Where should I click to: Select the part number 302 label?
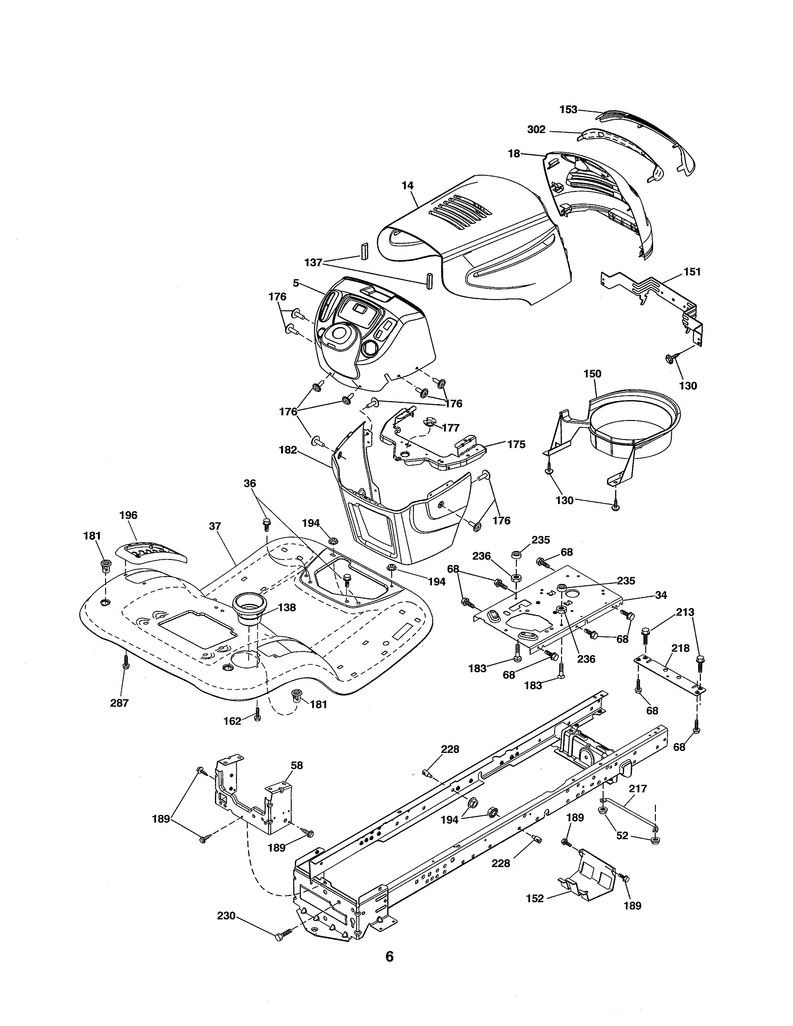coord(536,130)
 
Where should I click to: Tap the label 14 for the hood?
coord(407,186)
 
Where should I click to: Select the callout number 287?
coord(119,703)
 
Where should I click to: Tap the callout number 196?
coord(128,515)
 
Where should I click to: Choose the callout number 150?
coord(592,374)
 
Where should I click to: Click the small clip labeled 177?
coord(430,421)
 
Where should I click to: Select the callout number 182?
coord(288,450)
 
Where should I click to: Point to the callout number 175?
coord(516,444)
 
